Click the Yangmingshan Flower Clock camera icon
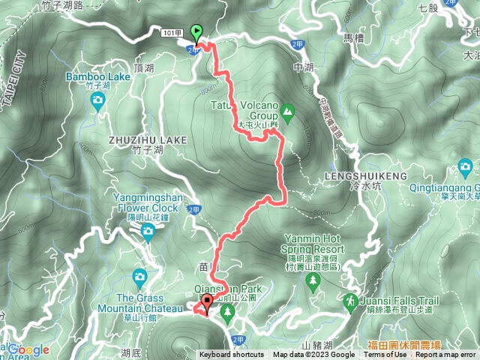coord(148,230)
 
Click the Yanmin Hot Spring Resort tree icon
coord(312,280)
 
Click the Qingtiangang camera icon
coord(466,166)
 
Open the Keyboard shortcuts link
coord(232,355)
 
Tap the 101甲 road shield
coord(169,31)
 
